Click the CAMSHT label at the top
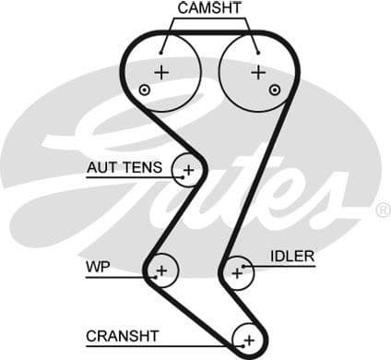[209, 8]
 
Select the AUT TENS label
[124, 168]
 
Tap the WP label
[99, 268]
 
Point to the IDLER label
[292, 256]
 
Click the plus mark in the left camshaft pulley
[163, 72]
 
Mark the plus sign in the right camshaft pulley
[258, 72]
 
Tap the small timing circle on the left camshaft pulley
[144, 90]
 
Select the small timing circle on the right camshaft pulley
[275, 90]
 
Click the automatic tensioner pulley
[189, 170]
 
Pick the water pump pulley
[161, 270]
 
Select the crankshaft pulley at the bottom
[247, 340]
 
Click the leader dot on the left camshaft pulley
[162, 51]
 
